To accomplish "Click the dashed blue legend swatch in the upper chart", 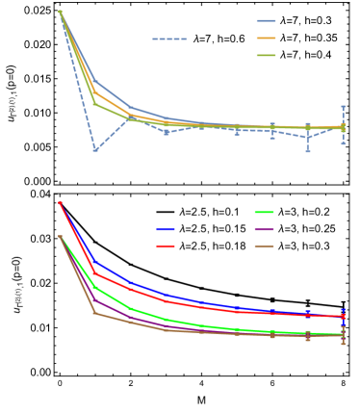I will tap(169, 39).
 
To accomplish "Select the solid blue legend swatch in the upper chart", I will tap(266, 20).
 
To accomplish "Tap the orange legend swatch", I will tap(266, 38).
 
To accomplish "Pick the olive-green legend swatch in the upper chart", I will tap(266, 55).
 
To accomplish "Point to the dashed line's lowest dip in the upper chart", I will tap(95, 149).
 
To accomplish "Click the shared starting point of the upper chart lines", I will tap(60, 12).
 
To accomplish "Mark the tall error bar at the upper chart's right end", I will tap(343, 125).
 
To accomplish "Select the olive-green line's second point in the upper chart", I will tap(95, 103).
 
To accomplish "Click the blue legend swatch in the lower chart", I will tap(166, 229).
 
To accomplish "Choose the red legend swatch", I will tap(166, 246).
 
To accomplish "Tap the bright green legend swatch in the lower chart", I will tap(265, 212).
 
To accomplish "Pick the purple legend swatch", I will tap(265, 229).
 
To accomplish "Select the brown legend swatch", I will tap(265, 246).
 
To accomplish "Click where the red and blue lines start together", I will tap(60, 202).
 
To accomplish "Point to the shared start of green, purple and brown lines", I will tap(60, 236).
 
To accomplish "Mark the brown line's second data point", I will tap(95, 313).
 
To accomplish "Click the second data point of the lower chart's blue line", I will tap(95, 261).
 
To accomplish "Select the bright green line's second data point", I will tap(95, 287).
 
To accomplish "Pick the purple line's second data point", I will tap(95, 299).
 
